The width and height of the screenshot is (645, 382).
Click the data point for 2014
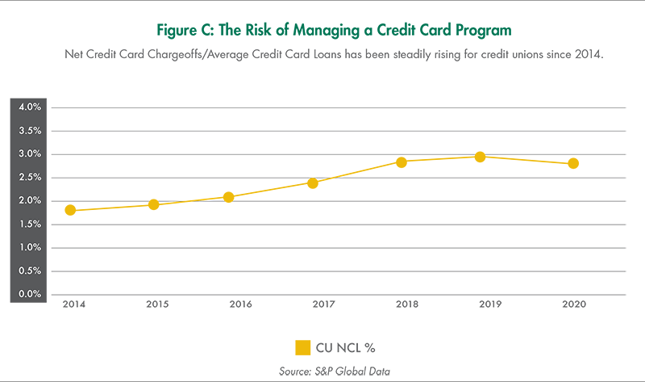(70, 210)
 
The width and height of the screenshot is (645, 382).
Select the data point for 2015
(153, 204)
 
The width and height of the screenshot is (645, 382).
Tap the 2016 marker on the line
(228, 197)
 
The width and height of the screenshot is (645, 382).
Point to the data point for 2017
(312, 183)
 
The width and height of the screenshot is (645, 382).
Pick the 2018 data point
(401, 162)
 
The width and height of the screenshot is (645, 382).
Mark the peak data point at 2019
(480, 157)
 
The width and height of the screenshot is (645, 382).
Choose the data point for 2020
(573, 163)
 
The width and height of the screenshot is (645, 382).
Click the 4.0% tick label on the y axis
(30, 107)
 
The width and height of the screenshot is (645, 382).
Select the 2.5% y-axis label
(30, 177)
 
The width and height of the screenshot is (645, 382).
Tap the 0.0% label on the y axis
(30, 294)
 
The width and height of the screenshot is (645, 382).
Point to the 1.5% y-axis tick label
(30, 224)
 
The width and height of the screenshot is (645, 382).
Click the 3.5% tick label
(30, 130)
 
